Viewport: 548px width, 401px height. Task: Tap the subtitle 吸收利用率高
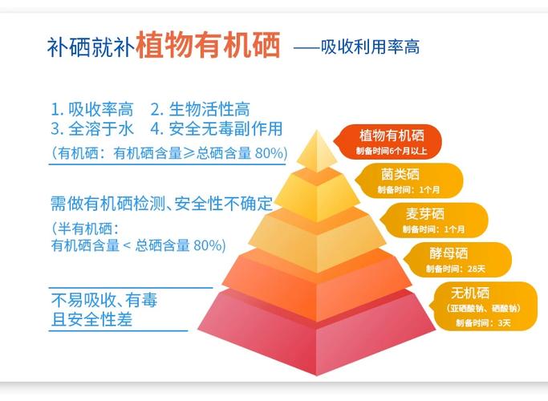pos(370,47)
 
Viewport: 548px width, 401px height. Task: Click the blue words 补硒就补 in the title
pos(90,47)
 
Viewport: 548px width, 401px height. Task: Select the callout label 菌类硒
pos(400,174)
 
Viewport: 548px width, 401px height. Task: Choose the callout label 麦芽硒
pos(424,213)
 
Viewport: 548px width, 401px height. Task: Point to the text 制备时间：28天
pos(455,269)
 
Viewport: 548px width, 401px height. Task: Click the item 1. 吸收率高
pos(91,109)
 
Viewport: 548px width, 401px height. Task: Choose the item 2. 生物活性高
pos(200,109)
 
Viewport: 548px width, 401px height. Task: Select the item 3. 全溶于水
pos(91,128)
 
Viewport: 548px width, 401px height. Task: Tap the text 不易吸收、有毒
pos(104,301)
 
